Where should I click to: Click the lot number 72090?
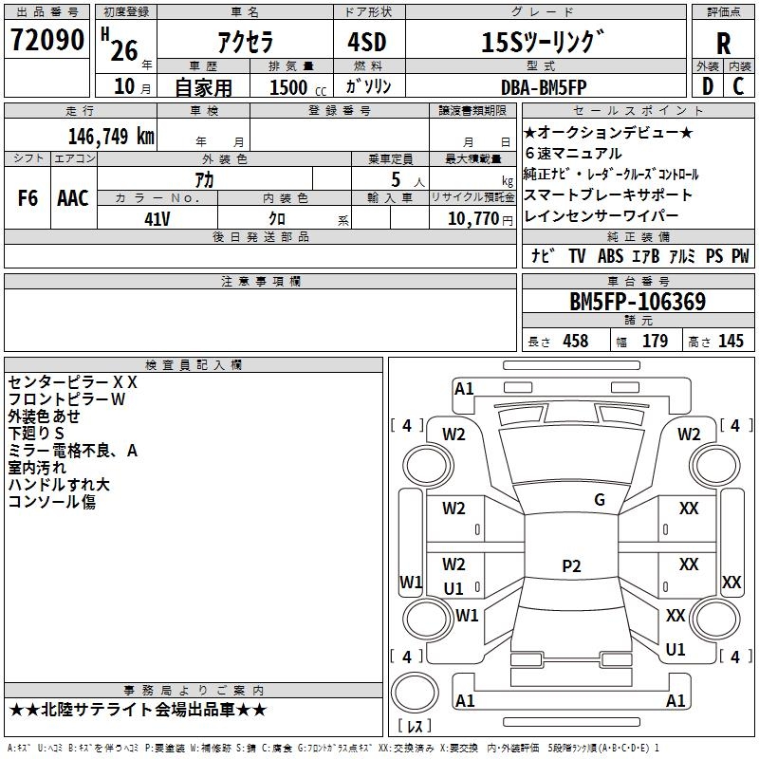(x=47, y=41)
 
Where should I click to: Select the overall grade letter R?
(x=723, y=44)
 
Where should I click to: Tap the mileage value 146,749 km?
(x=112, y=136)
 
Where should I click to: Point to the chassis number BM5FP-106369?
(x=638, y=302)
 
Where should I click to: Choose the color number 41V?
(x=157, y=218)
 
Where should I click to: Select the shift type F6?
(x=28, y=198)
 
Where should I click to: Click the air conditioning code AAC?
(x=73, y=198)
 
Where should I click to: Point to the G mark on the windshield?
(x=599, y=500)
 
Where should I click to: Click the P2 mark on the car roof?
(x=570, y=566)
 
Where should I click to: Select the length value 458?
(x=575, y=342)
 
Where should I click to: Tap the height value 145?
(x=731, y=342)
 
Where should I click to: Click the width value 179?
(x=655, y=342)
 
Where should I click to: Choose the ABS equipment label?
(x=611, y=256)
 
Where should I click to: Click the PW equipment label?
(x=740, y=256)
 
